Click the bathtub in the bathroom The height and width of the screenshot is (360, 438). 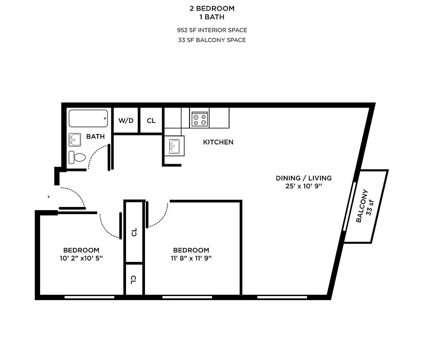click(x=88, y=118)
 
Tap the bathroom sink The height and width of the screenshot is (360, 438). click(x=75, y=140)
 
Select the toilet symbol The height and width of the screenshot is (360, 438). click(x=77, y=157)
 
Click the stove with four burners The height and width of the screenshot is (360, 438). click(x=199, y=119)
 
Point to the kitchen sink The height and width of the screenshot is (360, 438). click(x=174, y=146)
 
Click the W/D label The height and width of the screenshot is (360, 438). click(x=126, y=121)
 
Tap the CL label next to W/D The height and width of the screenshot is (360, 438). click(x=151, y=121)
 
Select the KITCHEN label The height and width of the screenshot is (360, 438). click(x=218, y=142)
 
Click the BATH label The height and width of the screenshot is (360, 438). click(x=95, y=136)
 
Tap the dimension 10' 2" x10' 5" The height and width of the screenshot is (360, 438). click(x=81, y=258)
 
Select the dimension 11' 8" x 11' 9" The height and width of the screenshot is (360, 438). click(x=191, y=258)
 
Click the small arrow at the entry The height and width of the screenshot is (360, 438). click(x=49, y=197)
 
